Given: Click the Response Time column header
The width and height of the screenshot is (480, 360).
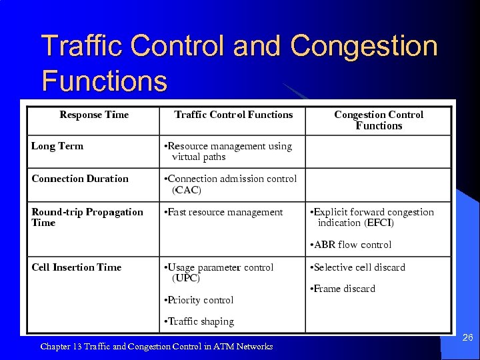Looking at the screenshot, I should point(94,115).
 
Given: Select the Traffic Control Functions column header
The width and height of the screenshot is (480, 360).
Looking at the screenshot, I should point(233,115).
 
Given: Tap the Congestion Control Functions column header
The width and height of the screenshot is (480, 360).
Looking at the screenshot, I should point(379,120).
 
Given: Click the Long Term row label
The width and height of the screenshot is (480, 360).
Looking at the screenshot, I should point(57,146).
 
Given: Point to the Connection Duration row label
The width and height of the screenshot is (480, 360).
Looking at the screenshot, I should point(80,179).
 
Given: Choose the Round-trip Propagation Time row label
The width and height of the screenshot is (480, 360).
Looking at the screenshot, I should point(87,217).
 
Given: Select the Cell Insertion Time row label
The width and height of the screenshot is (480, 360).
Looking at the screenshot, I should point(77,267).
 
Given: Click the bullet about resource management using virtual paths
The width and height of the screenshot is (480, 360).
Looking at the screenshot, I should point(229,151).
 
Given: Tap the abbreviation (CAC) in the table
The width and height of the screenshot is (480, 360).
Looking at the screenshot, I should point(187,190).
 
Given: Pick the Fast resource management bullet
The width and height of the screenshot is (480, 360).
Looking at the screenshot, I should point(224,212).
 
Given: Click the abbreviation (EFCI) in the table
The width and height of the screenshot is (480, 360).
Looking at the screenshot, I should point(379,223).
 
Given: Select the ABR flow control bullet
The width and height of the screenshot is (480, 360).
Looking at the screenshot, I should point(351,245).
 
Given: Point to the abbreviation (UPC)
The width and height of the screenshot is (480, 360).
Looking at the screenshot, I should point(186,278).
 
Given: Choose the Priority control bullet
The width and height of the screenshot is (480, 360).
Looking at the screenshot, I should point(199,300).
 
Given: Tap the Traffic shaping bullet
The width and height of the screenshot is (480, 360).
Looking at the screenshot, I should point(199,321).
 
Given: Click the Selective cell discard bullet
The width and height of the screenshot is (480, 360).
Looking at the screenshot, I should point(358,267).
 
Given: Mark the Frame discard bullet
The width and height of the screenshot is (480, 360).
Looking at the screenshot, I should point(343,289).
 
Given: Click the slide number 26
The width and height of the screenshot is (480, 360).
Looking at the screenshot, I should point(467,338).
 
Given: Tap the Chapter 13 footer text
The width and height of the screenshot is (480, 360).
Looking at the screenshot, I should point(157,346).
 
